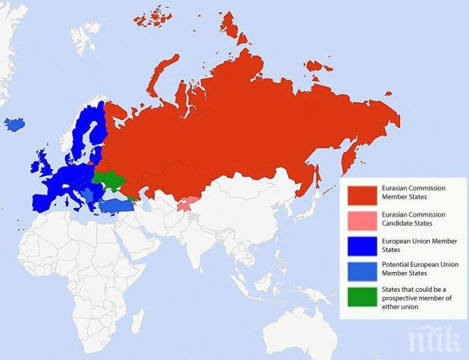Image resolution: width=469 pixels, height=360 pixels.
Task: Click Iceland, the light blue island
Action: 14,124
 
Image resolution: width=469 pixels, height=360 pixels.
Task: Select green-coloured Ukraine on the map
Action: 111,180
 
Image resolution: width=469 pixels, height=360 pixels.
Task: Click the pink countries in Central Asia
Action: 186,204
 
